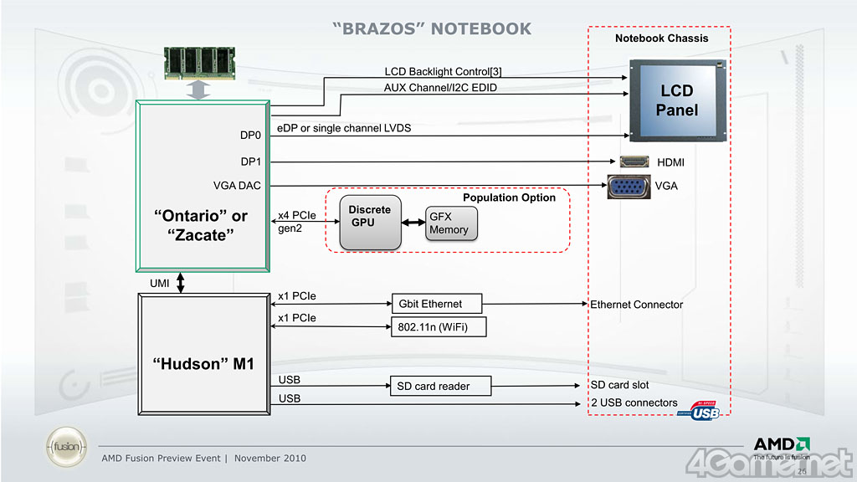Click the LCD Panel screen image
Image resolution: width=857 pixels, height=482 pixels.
click(676, 100)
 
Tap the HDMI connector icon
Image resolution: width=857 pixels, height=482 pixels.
click(634, 162)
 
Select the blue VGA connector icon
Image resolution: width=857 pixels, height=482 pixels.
click(628, 186)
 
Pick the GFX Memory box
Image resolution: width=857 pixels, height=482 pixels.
click(451, 223)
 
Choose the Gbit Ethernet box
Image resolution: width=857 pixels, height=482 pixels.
click(437, 304)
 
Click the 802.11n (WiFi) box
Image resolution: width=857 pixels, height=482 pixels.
click(439, 327)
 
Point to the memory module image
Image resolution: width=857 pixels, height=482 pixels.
click(198, 62)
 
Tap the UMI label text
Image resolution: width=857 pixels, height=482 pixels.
click(160, 284)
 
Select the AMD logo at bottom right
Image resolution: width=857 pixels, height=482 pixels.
click(781, 444)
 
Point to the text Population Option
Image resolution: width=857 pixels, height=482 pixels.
click(509, 197)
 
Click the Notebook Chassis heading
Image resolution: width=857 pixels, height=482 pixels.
click(661, 38)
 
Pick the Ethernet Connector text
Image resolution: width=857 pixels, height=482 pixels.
click(636, 305)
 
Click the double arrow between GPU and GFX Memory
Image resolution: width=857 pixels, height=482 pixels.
click(413, 223)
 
